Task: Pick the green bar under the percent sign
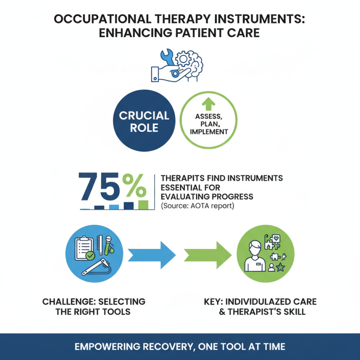coord(143,205)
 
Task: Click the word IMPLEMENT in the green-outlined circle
coord(209,132)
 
